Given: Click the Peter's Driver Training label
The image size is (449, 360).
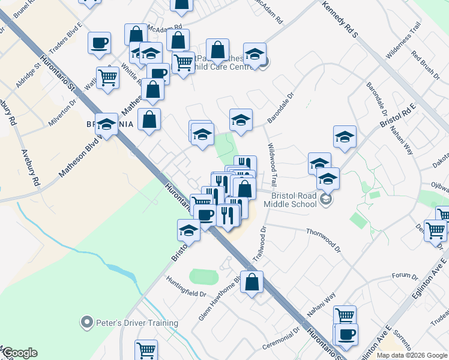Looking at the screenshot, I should pyautogui.click(x=137, y=323).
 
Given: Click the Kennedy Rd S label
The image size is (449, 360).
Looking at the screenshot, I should pyautogui.click(x=340, y=19).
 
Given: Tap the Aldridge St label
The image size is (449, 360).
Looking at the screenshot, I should pyautogui.click(x=27, y=74).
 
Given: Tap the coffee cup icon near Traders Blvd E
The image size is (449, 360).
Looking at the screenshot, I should pyautogui.click(x=99, y=43).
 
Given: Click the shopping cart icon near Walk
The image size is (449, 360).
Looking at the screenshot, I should pyautogui.click(x=107, y=77).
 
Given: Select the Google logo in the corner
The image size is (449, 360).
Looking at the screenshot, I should pyautogui.click(x=20, y=353).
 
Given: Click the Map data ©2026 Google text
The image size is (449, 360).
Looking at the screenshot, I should pyautogui.click(x=412, y=355).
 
